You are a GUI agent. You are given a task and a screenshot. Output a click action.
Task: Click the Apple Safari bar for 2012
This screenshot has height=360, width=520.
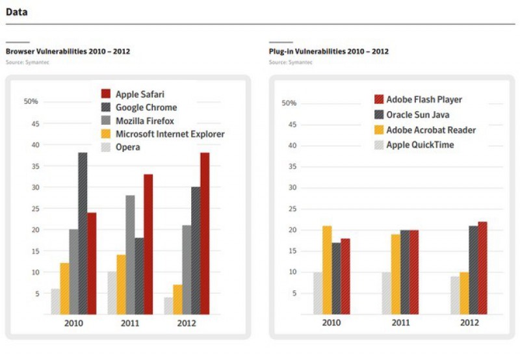pos(205,234)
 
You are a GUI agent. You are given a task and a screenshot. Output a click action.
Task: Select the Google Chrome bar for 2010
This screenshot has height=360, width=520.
pos(83,234)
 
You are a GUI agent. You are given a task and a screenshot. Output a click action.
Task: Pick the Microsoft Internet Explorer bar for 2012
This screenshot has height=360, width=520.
pos(177,300)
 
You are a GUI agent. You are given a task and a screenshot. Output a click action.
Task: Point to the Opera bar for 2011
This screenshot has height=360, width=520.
pos(112,293)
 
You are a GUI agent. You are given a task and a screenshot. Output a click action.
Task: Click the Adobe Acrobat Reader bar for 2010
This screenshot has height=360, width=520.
pos(327,270)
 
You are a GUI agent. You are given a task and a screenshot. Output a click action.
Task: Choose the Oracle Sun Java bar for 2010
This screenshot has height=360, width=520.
pos(336,279)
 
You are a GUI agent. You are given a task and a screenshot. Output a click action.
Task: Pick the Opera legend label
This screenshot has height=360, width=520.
pos(128,148)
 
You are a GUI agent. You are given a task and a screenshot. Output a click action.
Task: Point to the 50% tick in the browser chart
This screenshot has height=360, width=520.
pos(31,101)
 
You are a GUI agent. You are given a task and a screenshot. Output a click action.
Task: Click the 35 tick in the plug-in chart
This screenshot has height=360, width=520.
pos(292,166)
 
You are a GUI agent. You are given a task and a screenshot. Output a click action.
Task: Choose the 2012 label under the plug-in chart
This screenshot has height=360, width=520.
pos(469,323)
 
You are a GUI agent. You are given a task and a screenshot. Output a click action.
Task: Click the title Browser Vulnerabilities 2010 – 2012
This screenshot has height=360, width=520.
pos(68,51)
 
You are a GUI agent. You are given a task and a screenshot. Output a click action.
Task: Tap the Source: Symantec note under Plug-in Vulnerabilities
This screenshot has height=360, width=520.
pos(290,62)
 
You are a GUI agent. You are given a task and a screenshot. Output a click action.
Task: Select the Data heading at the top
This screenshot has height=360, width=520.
pos(17,12)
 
